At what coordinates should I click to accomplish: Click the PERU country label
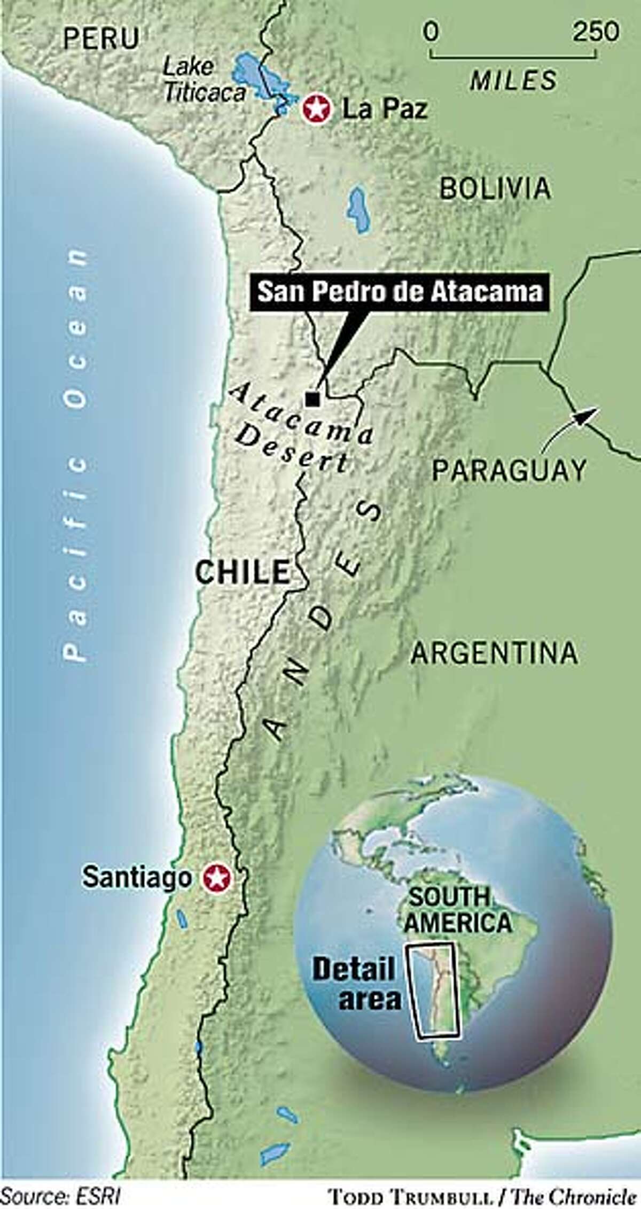click(x=101, y=38)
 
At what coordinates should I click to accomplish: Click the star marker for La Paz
click(x=317, y=109)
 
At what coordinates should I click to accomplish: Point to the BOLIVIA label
click(x=495, y=188)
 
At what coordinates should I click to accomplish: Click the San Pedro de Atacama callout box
click(x=400, y=292)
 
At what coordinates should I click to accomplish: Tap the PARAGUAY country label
click(x=509, y=470)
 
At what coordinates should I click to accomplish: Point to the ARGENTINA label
click(x=494, y=653)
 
